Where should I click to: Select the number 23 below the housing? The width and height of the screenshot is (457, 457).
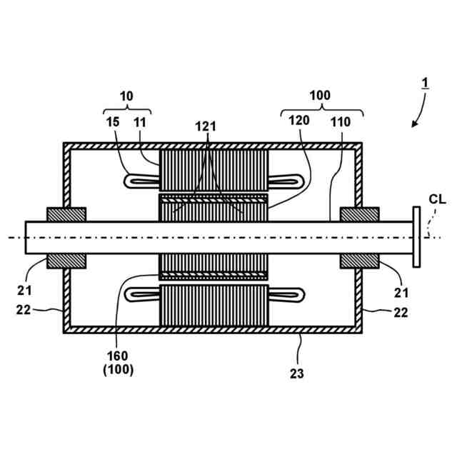[x=297, y=373]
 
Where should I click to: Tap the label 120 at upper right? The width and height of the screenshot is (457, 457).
[x=300, y=121]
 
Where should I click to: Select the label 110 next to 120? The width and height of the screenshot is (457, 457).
[x=341, y=121]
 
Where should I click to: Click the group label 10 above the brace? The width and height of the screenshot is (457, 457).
[x=126, y=94]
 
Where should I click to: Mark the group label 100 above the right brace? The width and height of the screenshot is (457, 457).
[x=320, y=94]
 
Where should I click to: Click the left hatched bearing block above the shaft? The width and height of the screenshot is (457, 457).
[x=66, y=214]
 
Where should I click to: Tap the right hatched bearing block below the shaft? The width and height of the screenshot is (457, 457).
[x=360, y=261]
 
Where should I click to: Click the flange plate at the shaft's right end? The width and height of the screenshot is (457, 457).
[x=416, y=237]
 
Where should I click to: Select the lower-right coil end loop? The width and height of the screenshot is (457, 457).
[x=286, y=293]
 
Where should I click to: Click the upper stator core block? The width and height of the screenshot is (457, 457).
[x=214, y=170]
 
